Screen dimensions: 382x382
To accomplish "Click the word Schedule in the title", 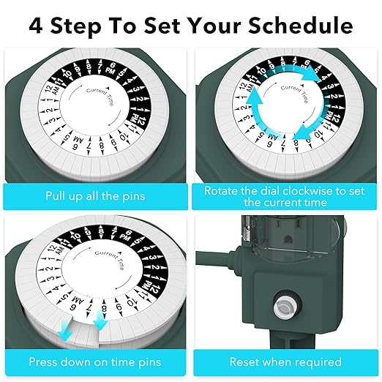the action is tap(301, 25).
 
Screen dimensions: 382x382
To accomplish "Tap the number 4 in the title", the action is tap(36, 26).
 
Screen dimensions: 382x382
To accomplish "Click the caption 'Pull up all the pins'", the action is tap(95, 196).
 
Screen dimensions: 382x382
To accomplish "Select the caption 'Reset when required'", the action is tap(285, 362).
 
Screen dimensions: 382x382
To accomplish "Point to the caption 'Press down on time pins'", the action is tap(95, 362).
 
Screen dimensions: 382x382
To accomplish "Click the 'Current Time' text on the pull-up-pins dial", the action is tap(100, 96).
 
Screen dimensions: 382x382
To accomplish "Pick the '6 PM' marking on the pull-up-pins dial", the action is tap(111, 68).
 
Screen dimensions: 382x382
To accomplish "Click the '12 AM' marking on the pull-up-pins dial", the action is tap(52, 91).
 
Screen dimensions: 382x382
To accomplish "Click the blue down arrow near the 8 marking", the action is tap(100, 320).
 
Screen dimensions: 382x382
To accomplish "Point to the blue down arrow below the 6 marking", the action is tap(66, 335).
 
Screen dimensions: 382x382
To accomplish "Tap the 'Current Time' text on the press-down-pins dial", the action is tap(109, 260).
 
